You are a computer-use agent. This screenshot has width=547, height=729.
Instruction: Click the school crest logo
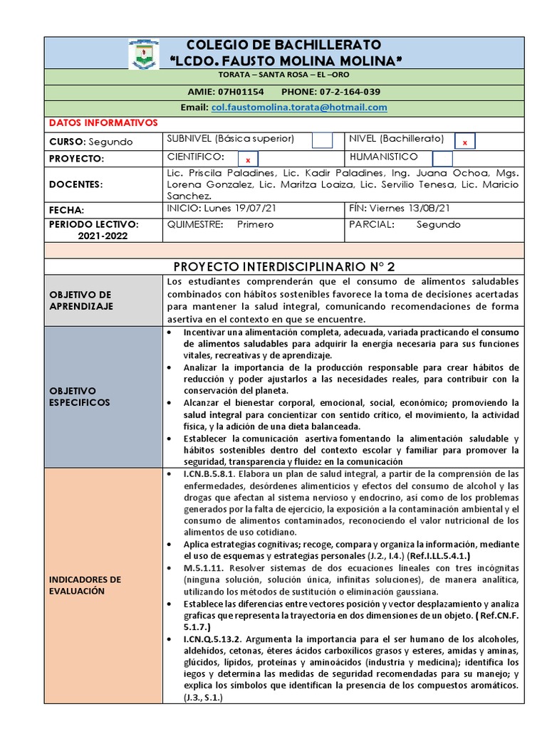coord(143,54)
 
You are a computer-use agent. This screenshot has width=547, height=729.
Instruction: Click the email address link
coord(299,107)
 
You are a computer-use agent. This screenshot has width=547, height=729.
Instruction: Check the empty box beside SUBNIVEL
coord(322,141)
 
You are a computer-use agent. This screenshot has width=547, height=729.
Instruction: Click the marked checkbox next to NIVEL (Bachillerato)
coord(464,142)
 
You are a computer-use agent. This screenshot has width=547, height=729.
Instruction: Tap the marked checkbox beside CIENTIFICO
coord(248,159)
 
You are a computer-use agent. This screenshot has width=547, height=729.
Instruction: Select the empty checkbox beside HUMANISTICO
coord(442,159)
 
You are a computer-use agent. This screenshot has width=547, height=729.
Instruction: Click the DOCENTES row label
coord(76,184)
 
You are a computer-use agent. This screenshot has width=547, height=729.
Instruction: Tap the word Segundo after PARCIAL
coord(439,224)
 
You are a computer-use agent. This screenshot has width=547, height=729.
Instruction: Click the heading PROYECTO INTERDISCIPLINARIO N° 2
coord(284,266)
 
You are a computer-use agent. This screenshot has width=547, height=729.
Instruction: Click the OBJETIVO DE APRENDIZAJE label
coord(80,300)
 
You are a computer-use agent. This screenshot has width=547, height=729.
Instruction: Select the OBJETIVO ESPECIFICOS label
coord(80,397)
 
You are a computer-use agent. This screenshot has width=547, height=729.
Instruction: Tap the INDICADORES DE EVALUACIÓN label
coord(85,585)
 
